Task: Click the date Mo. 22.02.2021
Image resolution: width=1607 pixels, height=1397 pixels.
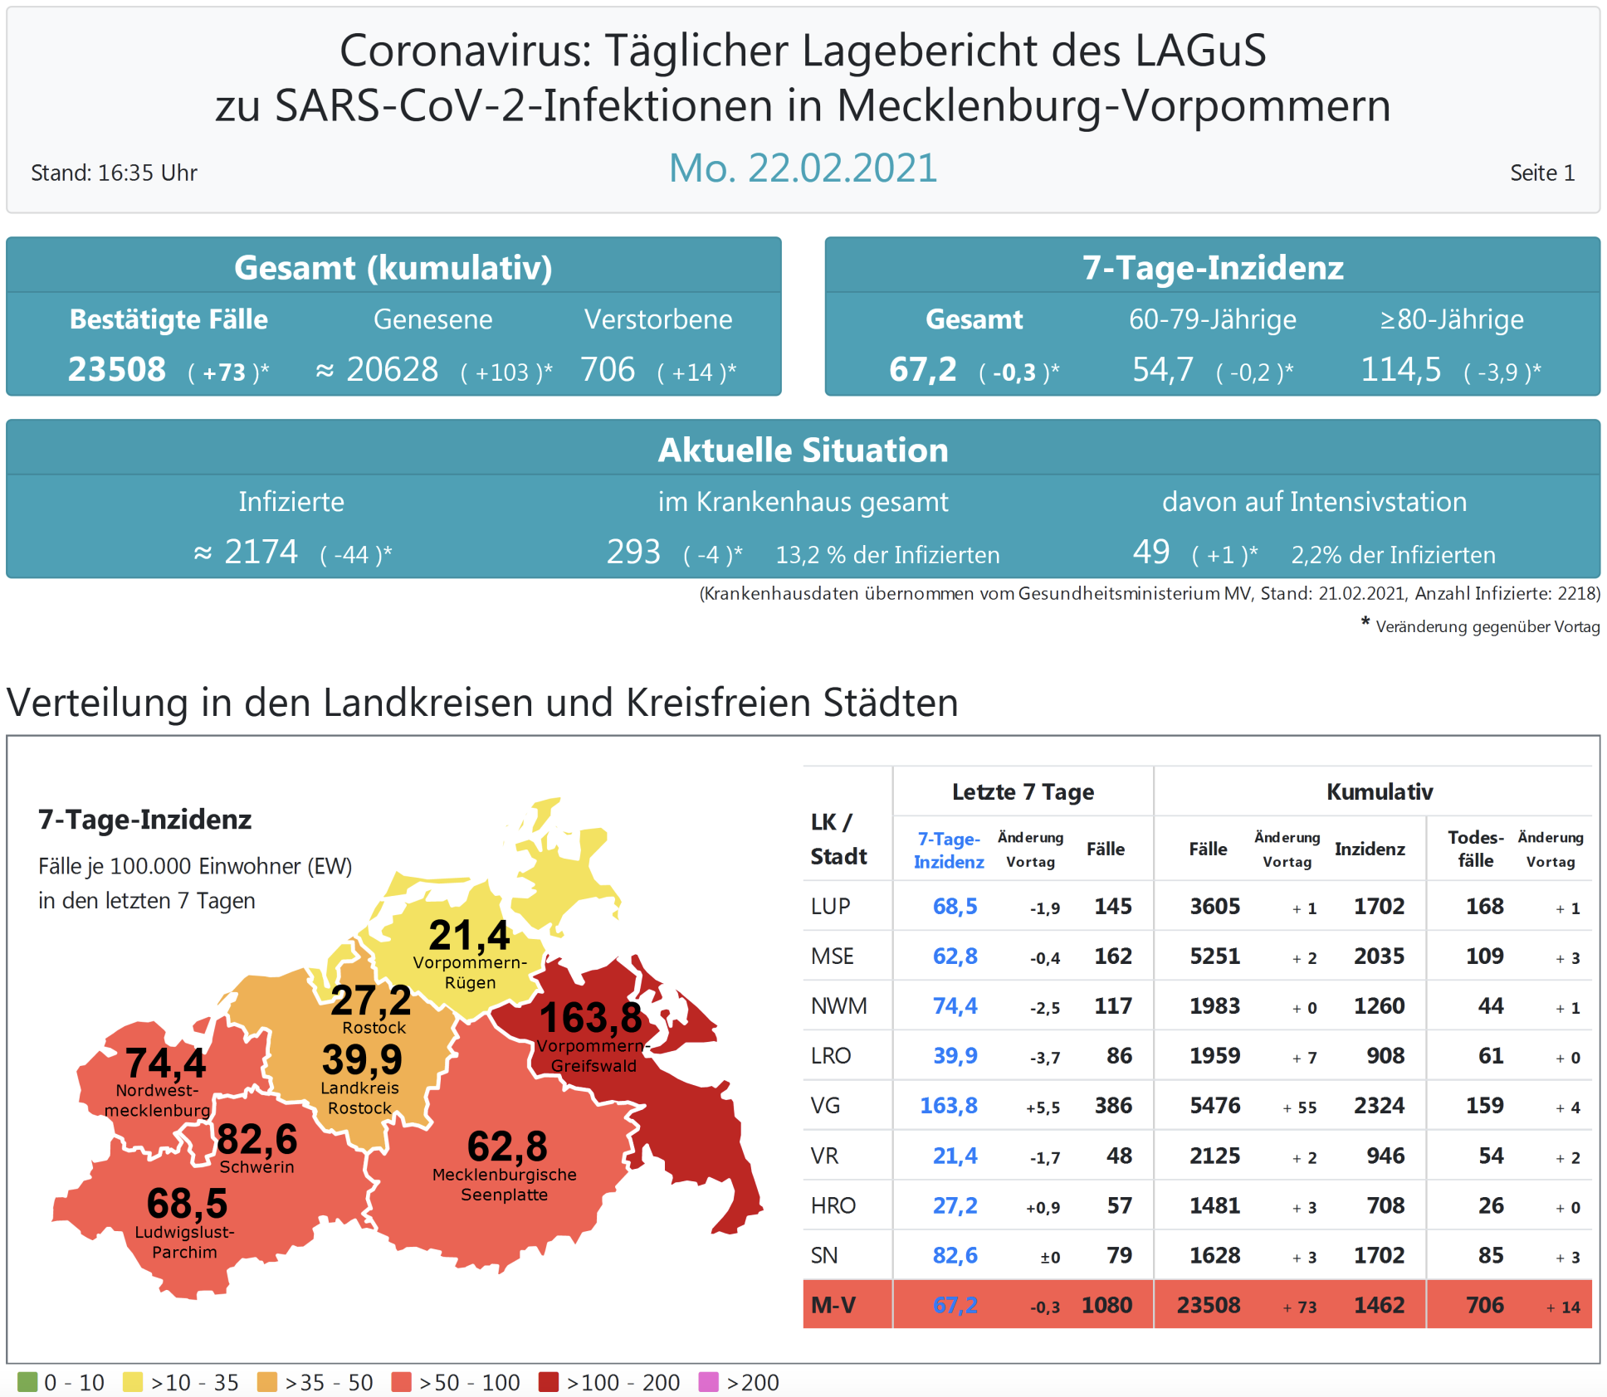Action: [x=803, y=168]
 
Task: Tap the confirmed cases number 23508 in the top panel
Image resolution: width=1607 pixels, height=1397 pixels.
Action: [x=117, y=370]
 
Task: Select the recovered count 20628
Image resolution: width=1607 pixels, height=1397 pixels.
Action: [x=392, y=370]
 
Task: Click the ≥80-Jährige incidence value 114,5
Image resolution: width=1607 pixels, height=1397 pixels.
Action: [x=1400, y=370]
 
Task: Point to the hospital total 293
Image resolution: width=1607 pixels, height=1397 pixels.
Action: [x=633, y=552]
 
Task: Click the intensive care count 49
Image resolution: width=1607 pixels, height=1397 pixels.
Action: [x=1151, y=552]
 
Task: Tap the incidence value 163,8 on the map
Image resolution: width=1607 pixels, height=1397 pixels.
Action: [x=590, y=1018]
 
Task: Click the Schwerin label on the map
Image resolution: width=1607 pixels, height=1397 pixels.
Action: [x=256, y=1167]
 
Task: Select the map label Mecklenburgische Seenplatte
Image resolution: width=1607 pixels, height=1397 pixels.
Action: [x=505, y=1185]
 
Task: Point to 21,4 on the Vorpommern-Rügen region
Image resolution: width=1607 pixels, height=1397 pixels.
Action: [x=469, y=936]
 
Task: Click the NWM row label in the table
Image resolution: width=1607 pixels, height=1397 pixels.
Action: [x=838, y=1006]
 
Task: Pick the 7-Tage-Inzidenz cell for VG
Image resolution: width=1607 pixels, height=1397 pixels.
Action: [x=949, y=1106]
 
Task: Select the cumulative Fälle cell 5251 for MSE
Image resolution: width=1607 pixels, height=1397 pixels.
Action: [x=1214, y=956]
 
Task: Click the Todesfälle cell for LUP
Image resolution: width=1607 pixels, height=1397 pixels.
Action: [x=1484, y=907]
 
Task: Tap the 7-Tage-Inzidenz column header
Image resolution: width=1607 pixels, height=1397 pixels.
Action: [x=949, y=850]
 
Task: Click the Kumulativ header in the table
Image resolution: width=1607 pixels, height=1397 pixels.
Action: [x=1379, y=792]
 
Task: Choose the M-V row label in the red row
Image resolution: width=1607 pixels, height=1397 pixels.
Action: [x=833, y=1306]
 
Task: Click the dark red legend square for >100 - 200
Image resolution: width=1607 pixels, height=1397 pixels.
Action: [x=548, y=1382]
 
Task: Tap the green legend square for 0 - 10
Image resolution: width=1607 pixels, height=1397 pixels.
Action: [x=27, y=1382]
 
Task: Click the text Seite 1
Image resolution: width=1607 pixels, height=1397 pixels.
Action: [x=1541, y=173]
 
